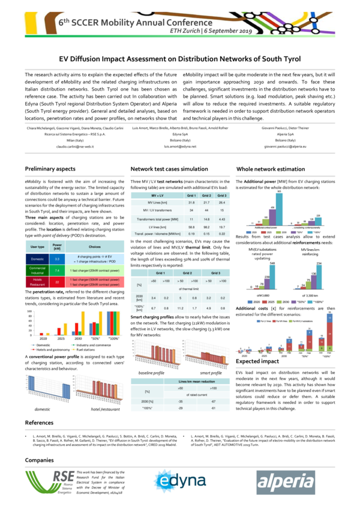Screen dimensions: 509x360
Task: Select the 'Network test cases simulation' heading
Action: click(170, 170)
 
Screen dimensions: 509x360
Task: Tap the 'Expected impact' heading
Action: click(258, 363)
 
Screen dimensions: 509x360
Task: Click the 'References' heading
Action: click(40, 423)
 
